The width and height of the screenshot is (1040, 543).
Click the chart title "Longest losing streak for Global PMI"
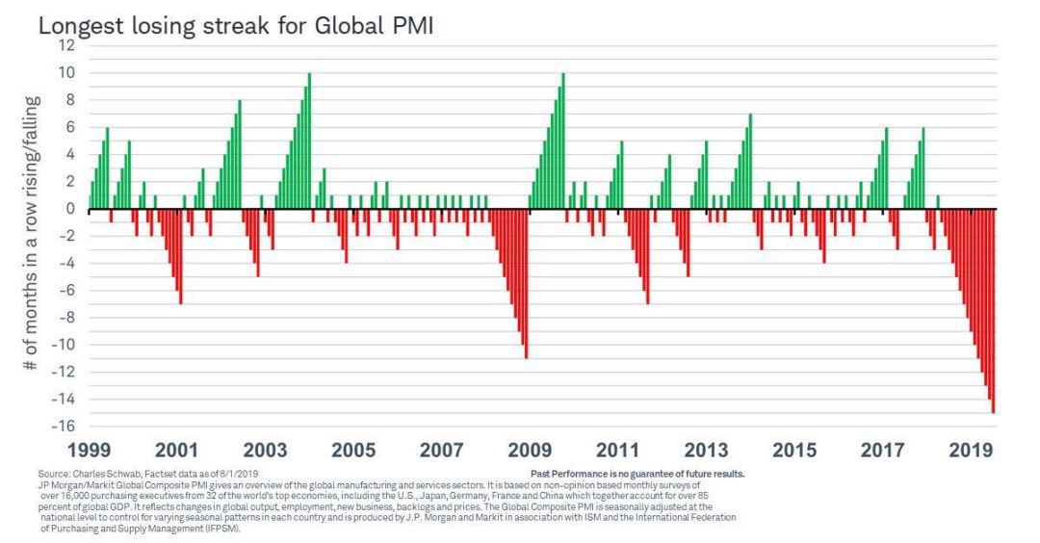(x=236, y=26)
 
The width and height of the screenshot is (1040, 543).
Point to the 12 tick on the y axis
(x=67, y=45)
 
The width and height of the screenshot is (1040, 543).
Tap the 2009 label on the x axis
(x=529, y=450)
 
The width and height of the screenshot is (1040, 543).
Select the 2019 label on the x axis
(x=969, y=450)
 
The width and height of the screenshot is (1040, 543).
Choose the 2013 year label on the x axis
(x=706, y=450)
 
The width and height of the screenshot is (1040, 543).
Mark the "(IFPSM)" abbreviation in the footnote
(x=221, y=527)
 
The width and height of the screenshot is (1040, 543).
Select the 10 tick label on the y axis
(x=67, y=72)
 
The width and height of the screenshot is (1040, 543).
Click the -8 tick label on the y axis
(x=67, y=318)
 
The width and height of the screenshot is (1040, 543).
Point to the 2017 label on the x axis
(x=882, y=450)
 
